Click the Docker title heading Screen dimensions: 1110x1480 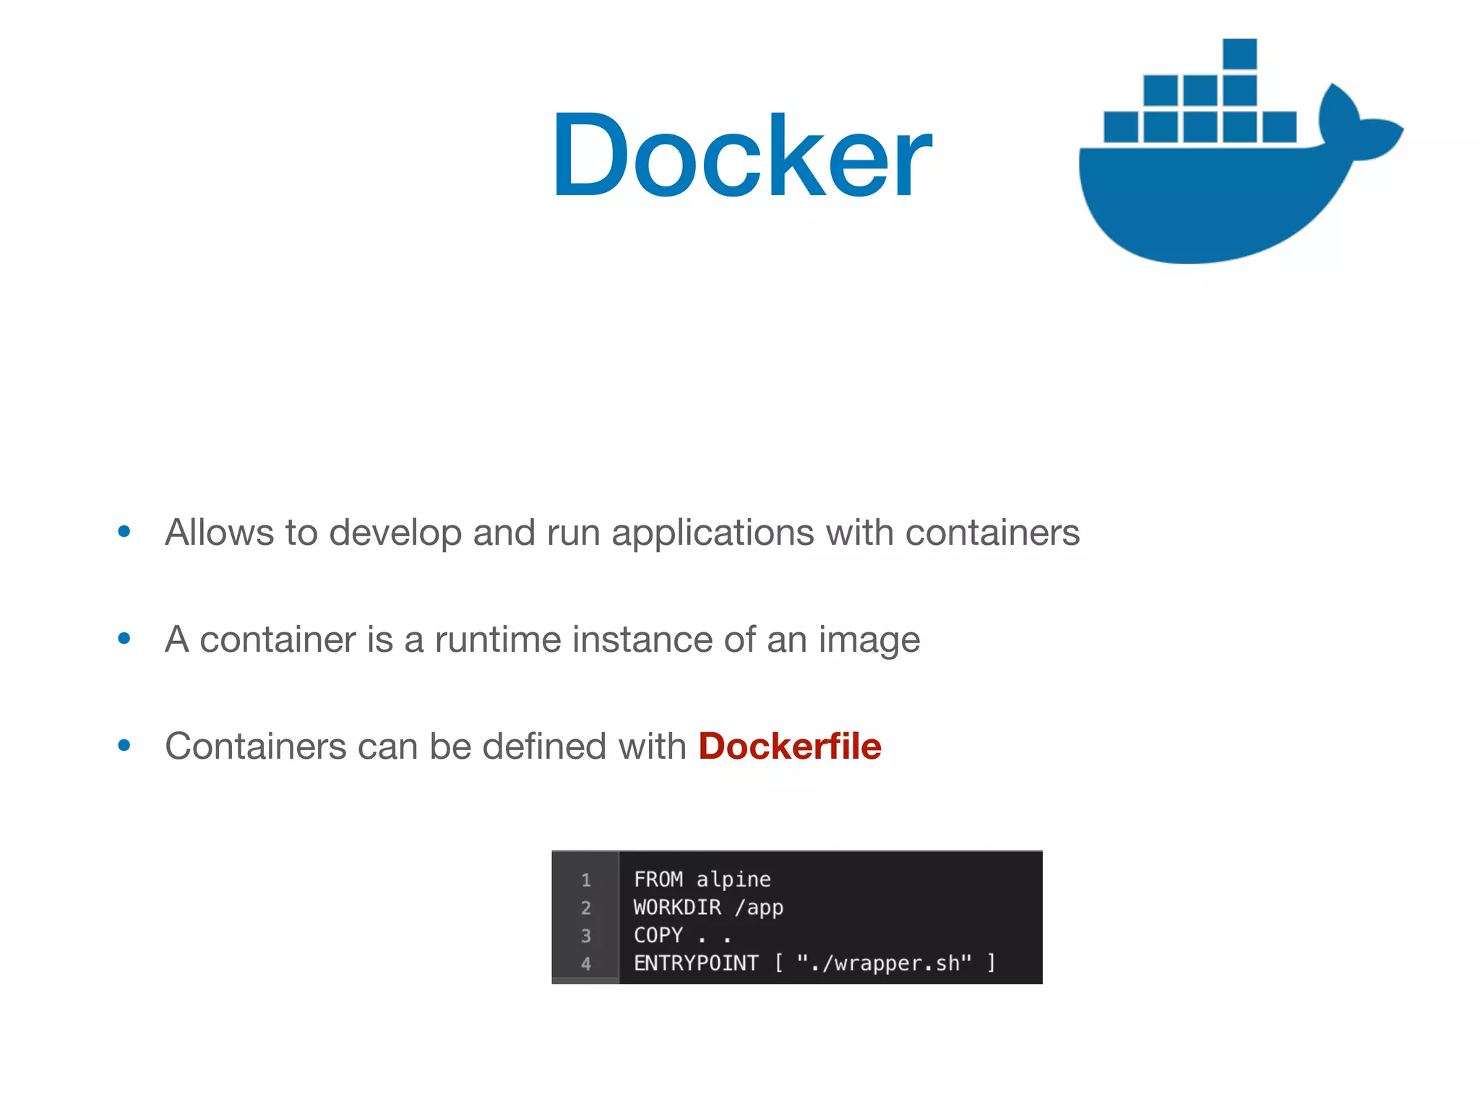[x=741, y=155]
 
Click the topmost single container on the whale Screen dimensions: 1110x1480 [x=1239, y=54]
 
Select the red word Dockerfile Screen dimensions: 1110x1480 [x=790, y=747]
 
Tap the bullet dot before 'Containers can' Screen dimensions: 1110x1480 [x=124, y=746]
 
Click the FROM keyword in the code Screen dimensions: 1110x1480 [x=658, y=879]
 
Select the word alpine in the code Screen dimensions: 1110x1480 [x=733, y=880]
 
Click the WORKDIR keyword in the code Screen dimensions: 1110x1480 [x=677, y=908]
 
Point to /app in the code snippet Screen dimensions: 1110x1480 [x=759, y=908]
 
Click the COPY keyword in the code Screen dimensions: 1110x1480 [x=658, y=935]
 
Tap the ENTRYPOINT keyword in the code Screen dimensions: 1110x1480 [x=696, y=963]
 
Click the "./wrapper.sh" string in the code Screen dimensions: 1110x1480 [x=884, y=963]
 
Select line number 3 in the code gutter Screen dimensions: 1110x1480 [x=586, y=936]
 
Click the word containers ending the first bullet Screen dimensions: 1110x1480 [x=992, y=533]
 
